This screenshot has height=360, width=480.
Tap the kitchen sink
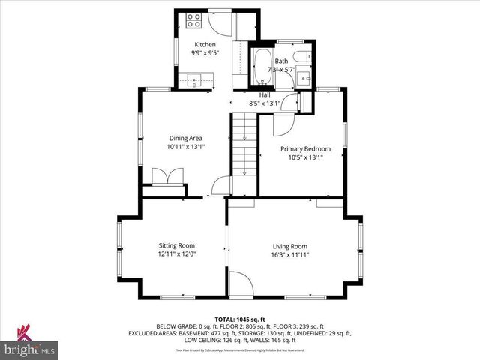(194, 79)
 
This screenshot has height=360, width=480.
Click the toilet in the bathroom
(299, 57)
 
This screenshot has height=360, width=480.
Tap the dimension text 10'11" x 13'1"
(185, 148)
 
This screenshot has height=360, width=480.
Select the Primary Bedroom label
(305, 148)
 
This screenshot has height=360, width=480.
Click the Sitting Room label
(176, 245)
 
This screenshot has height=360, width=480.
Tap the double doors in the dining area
(166, 177)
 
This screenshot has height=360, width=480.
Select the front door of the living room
(239, 283)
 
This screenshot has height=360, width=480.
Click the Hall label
(264, 95)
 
